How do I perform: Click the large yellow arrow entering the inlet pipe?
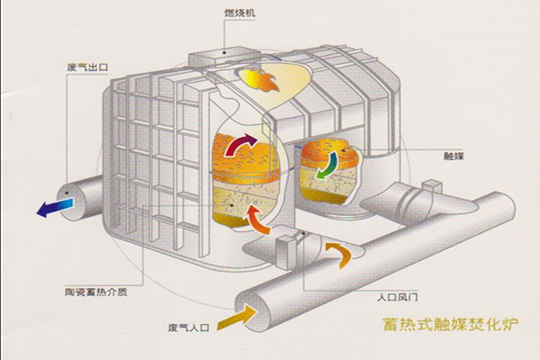(x=240, y=315)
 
